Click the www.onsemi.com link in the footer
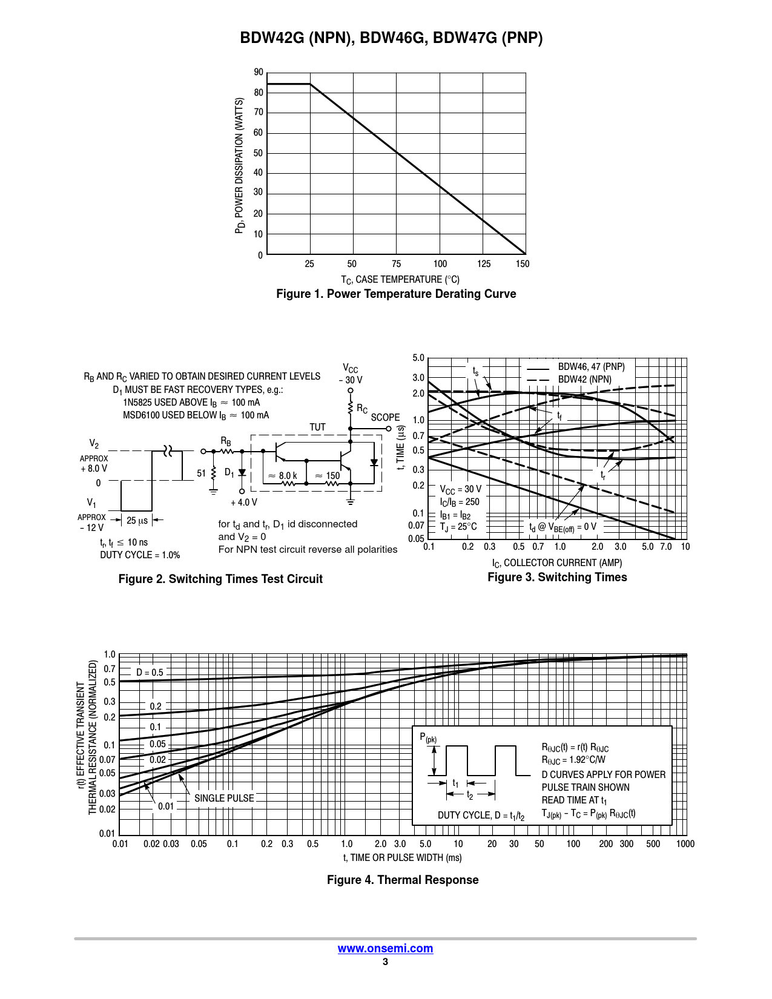tap(385, 949)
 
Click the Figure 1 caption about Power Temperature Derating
tap(396, 294)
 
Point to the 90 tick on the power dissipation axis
tap(259, 73)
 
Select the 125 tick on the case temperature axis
tap(484, 264)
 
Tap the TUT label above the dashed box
tap(317, 427)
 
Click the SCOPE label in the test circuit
tap(385, 418)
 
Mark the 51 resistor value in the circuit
tap(201, 473)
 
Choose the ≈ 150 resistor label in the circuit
tap(328, 476)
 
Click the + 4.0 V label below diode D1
tap(244, 503)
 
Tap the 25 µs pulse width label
tap(137, 521)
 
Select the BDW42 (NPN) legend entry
tap(584, 380)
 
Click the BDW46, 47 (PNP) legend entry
tap(591, 367)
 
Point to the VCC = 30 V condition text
tap(461, 489)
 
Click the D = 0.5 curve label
tap(150, 673)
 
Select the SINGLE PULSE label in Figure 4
tap(224, 799)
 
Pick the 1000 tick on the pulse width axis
tap(685, 844)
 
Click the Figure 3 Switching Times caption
tap(557, 578)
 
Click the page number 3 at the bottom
tap(385, 962)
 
